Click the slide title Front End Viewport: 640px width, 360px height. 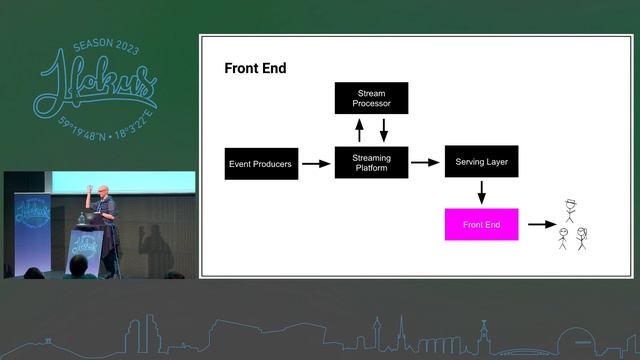tap(254, 69)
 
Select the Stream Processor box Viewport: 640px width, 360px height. tap(371, 98)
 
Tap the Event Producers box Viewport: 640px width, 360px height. tap(261, 163)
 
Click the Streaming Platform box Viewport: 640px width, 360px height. tap(371, 163)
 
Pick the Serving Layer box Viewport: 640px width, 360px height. tap(481, 162)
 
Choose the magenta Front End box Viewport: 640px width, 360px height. tap(481, 224)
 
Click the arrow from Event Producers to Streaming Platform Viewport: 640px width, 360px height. tap(315, 163)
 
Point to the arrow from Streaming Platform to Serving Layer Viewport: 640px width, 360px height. tap(426, 162)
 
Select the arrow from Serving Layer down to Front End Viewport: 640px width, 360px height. tap(481, 192)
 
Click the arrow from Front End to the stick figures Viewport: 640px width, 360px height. tap(542, 224)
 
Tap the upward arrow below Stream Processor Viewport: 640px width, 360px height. tap(360, 129)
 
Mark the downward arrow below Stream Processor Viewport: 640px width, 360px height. tap(383, 129)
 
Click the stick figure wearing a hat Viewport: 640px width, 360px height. tap(572, 211)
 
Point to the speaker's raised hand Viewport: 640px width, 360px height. tap(89, 187)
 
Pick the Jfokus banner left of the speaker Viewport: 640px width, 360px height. tap(29, 226)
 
